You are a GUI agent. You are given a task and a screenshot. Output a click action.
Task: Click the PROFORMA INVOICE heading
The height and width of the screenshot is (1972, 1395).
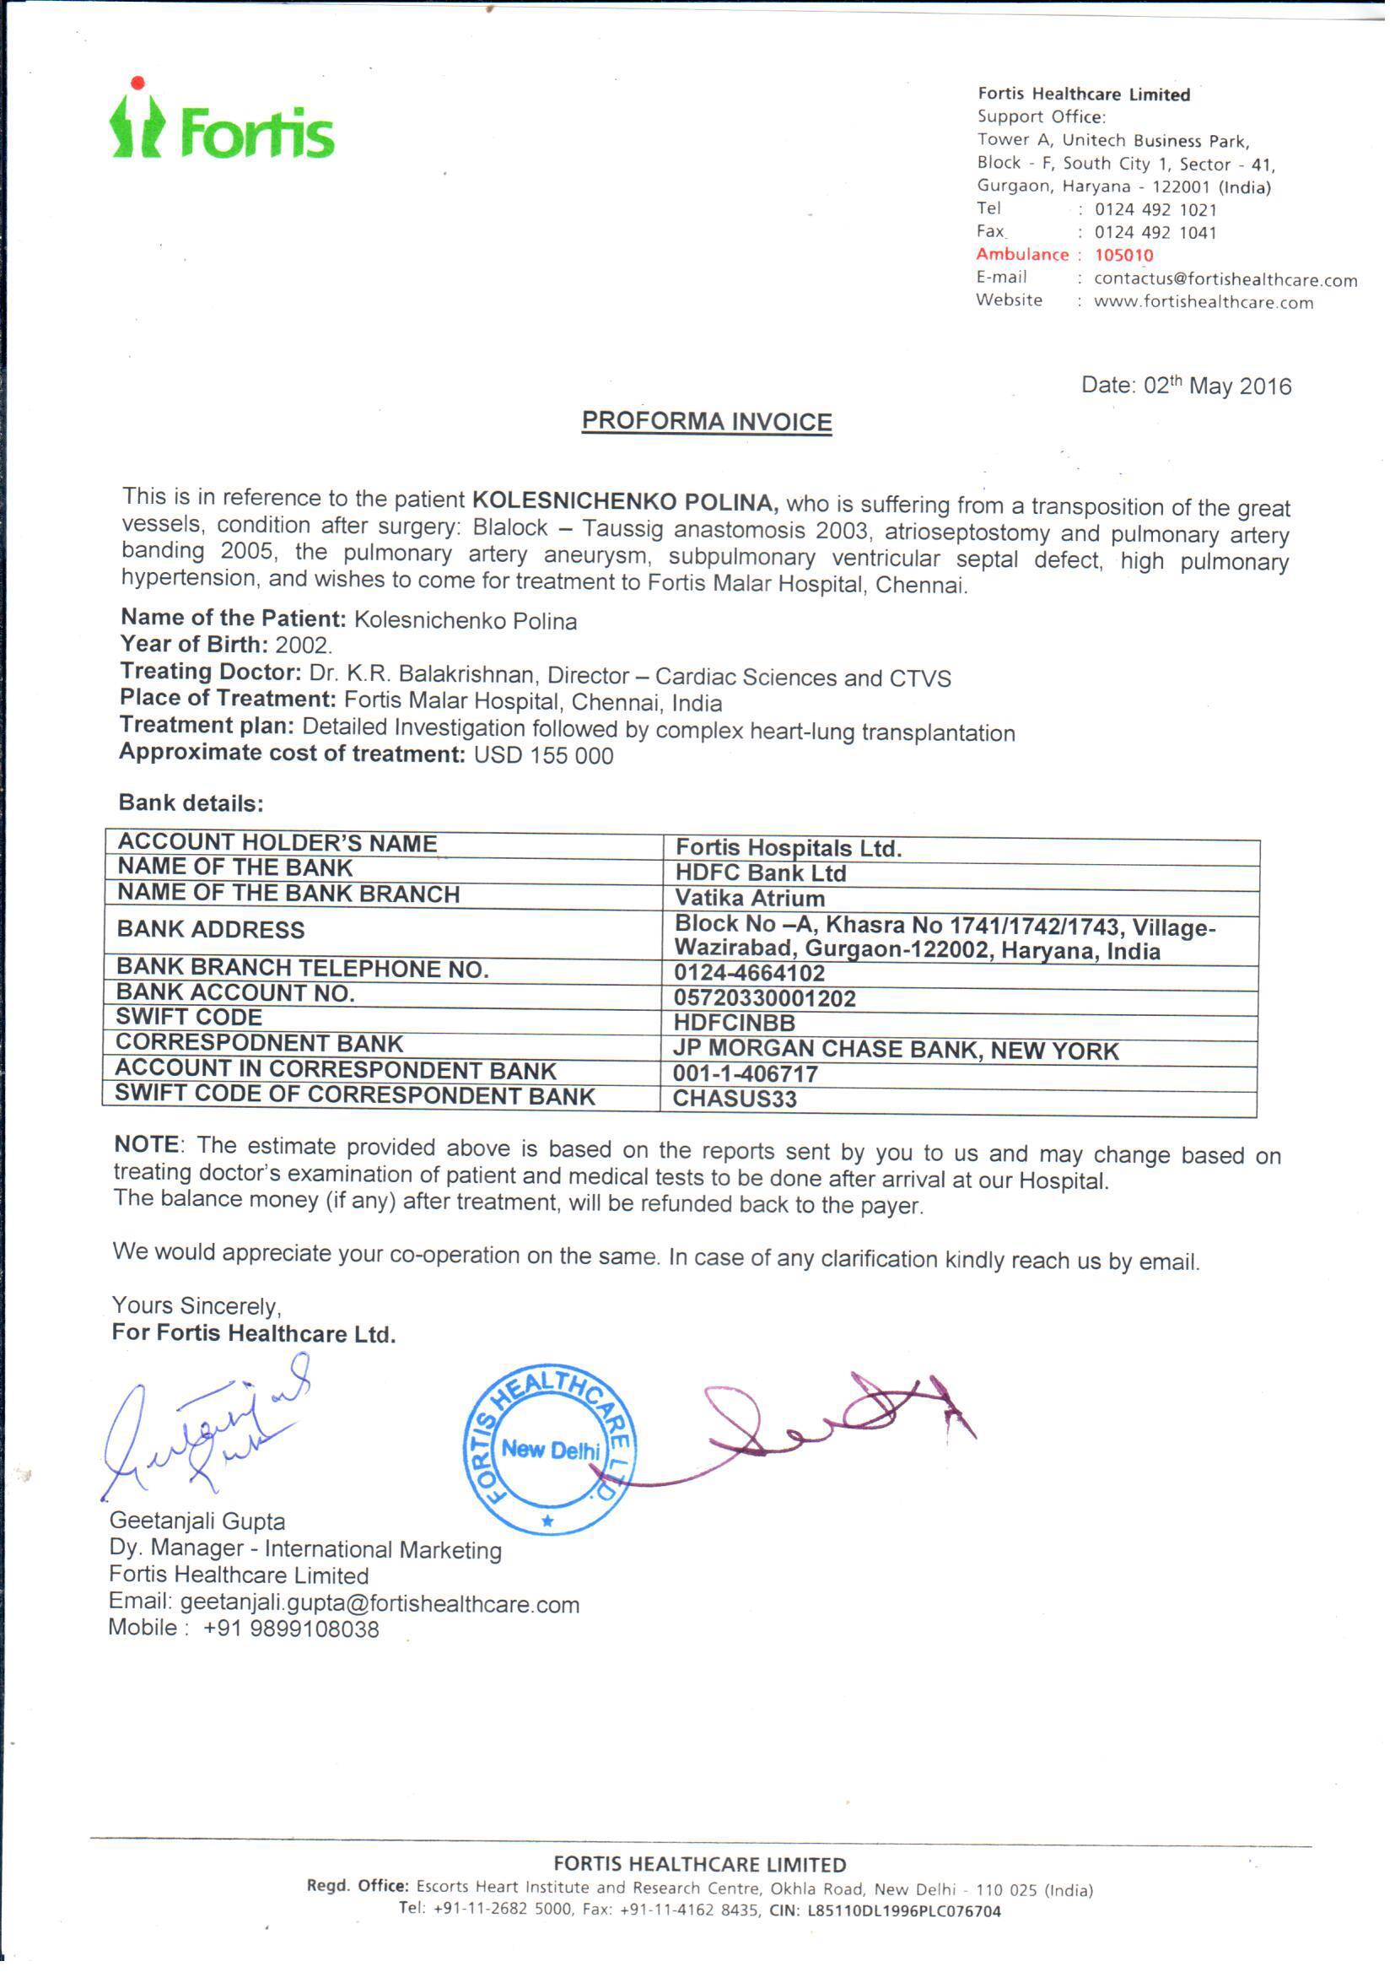click(706, 422)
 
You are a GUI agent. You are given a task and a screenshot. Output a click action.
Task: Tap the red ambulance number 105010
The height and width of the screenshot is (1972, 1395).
click(1123, 255)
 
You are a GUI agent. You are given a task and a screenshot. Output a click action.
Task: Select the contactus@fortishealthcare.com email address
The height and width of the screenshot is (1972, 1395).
click(1225, 279)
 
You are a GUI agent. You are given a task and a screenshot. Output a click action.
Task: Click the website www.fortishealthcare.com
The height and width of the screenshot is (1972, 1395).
click(1203, 302)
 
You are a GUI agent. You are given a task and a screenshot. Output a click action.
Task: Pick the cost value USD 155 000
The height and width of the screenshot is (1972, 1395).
click(543, 756)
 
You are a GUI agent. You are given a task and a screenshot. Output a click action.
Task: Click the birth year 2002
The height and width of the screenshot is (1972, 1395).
click(304, 646)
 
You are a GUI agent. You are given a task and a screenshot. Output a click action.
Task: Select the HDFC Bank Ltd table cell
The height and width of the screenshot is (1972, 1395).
click(760, 873)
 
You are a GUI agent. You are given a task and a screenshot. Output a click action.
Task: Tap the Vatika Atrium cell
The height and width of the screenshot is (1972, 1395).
click(749, 898)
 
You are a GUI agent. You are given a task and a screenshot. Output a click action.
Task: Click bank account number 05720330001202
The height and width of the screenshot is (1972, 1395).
click(764, 998)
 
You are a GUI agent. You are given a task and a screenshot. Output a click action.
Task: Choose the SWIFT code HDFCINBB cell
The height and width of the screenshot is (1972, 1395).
click(735, 1024)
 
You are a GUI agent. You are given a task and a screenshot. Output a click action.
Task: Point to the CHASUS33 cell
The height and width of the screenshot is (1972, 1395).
click(735, 1099)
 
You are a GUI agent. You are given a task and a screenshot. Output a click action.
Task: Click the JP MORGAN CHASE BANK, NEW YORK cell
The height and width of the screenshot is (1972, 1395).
click(895, 1050)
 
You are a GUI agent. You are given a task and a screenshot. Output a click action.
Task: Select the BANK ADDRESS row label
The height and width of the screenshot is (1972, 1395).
click(212, 930)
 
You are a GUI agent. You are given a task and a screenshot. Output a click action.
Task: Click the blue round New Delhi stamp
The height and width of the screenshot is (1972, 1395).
click(550, 1451)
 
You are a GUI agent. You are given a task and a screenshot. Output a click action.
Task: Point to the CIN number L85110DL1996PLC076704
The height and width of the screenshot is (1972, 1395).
click(903, 1911)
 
